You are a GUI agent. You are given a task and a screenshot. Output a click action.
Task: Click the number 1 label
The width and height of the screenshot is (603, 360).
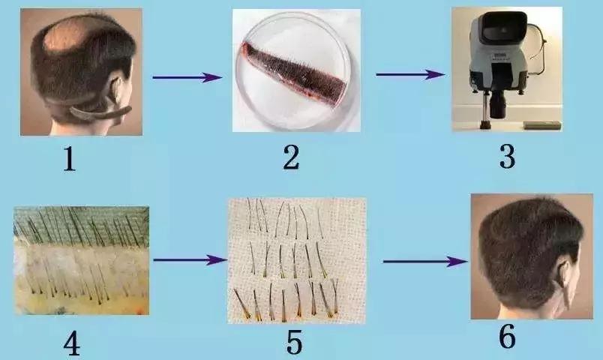(x=70, y=159)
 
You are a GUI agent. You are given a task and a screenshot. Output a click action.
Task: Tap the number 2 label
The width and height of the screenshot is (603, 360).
(x=291, y=157)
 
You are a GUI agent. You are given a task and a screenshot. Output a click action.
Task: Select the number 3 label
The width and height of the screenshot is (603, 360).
(x=507, y=157)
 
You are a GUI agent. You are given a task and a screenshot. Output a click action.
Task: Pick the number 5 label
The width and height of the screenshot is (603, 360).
(x=294, y=342)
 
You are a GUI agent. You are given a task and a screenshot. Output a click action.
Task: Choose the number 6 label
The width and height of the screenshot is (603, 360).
(x=507, y=336)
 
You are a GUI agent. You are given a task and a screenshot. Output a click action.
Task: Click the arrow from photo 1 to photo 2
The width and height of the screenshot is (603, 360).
(x=187, y=77)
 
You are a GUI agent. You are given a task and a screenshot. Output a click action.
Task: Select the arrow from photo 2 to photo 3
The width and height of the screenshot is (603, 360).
(x=411, y=74)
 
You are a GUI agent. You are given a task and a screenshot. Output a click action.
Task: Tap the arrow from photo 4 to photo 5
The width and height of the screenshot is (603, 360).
(x=190, y=260)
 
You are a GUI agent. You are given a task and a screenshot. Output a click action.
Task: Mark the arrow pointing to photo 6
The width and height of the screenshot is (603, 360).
(x=425, y=262)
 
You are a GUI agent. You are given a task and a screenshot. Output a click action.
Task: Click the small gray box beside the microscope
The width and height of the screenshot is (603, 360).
(x=542, y=125)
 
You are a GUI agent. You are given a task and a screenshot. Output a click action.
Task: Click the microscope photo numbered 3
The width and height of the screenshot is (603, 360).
(x=507, y=69)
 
